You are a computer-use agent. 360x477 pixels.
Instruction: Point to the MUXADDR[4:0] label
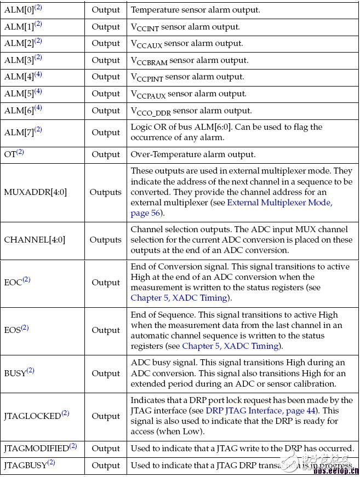coord(35,192)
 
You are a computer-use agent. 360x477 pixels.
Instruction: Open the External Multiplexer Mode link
coord(279,203)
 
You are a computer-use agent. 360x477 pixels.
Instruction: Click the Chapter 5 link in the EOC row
coord(179,298)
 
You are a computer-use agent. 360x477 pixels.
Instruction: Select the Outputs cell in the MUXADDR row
coord(105,192)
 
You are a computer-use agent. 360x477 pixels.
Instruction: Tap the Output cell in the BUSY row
coord(105,373)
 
